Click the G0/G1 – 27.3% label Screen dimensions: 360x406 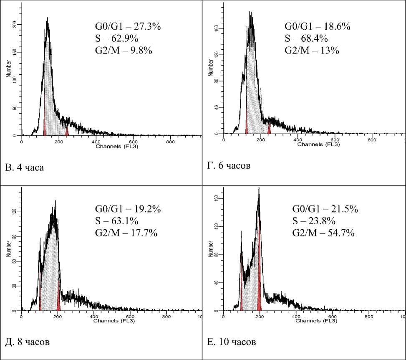coord(128,27)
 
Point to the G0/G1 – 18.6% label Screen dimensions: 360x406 coord(318,27)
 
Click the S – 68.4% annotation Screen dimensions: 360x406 coord(306,39)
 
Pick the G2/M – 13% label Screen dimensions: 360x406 coord(311,51)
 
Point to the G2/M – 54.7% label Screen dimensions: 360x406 coord(323,233)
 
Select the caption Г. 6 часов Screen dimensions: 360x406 coord(229,166)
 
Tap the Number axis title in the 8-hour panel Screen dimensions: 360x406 coord(8,254)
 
